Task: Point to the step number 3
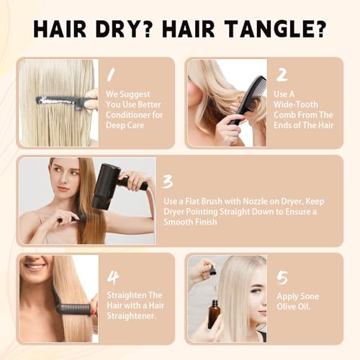(167, 181)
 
